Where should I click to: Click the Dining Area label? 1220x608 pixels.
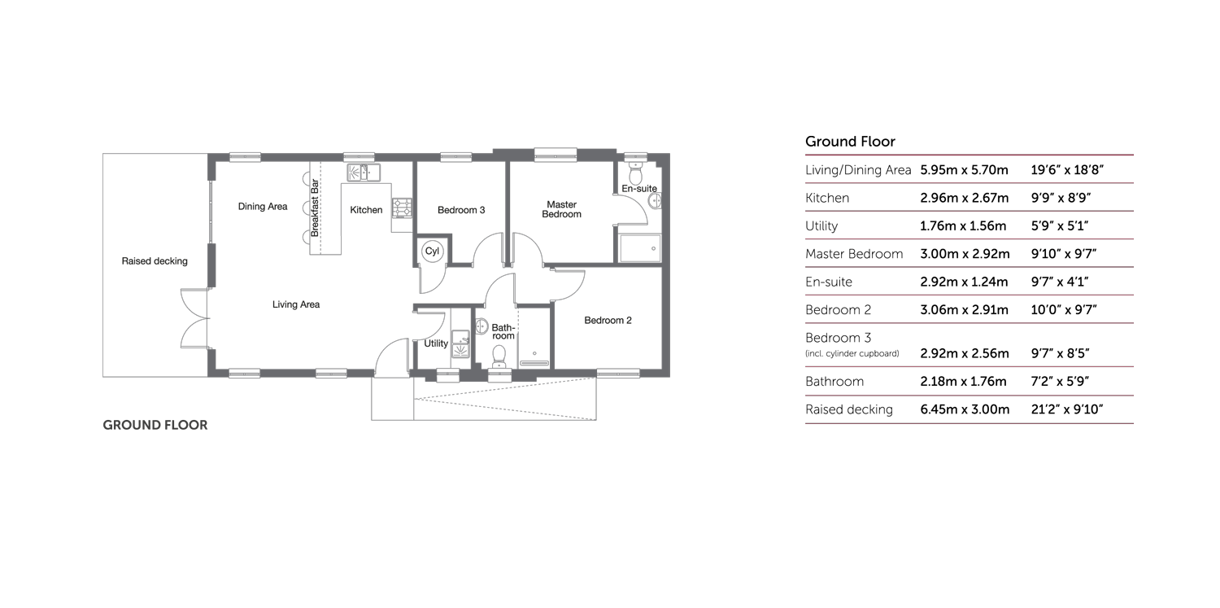pyautogui.click(x=263, y=207)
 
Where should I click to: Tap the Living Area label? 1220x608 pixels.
pyautogui.click(x=296, y=304)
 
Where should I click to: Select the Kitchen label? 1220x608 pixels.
pyautogui.click(x=366, y=210)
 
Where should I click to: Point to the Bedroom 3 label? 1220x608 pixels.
pyautogui.click(x=461, y=210)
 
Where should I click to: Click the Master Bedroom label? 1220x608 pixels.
pyautogui.click(x=561, y=209)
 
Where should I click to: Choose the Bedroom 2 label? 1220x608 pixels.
pyautogui.click(x=608, y=321)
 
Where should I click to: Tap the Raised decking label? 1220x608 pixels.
pyautogui.click(x=155, y=261)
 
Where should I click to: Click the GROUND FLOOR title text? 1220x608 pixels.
pyautogui.click(x=155, y=425)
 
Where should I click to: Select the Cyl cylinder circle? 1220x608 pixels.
pyautogui.click(x=432, y=252)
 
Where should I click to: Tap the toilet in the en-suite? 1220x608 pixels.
pyautogui.click(x=636, y=173)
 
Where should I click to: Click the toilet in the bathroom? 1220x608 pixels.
pyautogui.click(x=499, y=354)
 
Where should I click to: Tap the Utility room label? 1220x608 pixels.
pyautogui.click(x=436, y=344)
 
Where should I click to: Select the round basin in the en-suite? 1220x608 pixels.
pyautogui.click(x=653, y=200)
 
